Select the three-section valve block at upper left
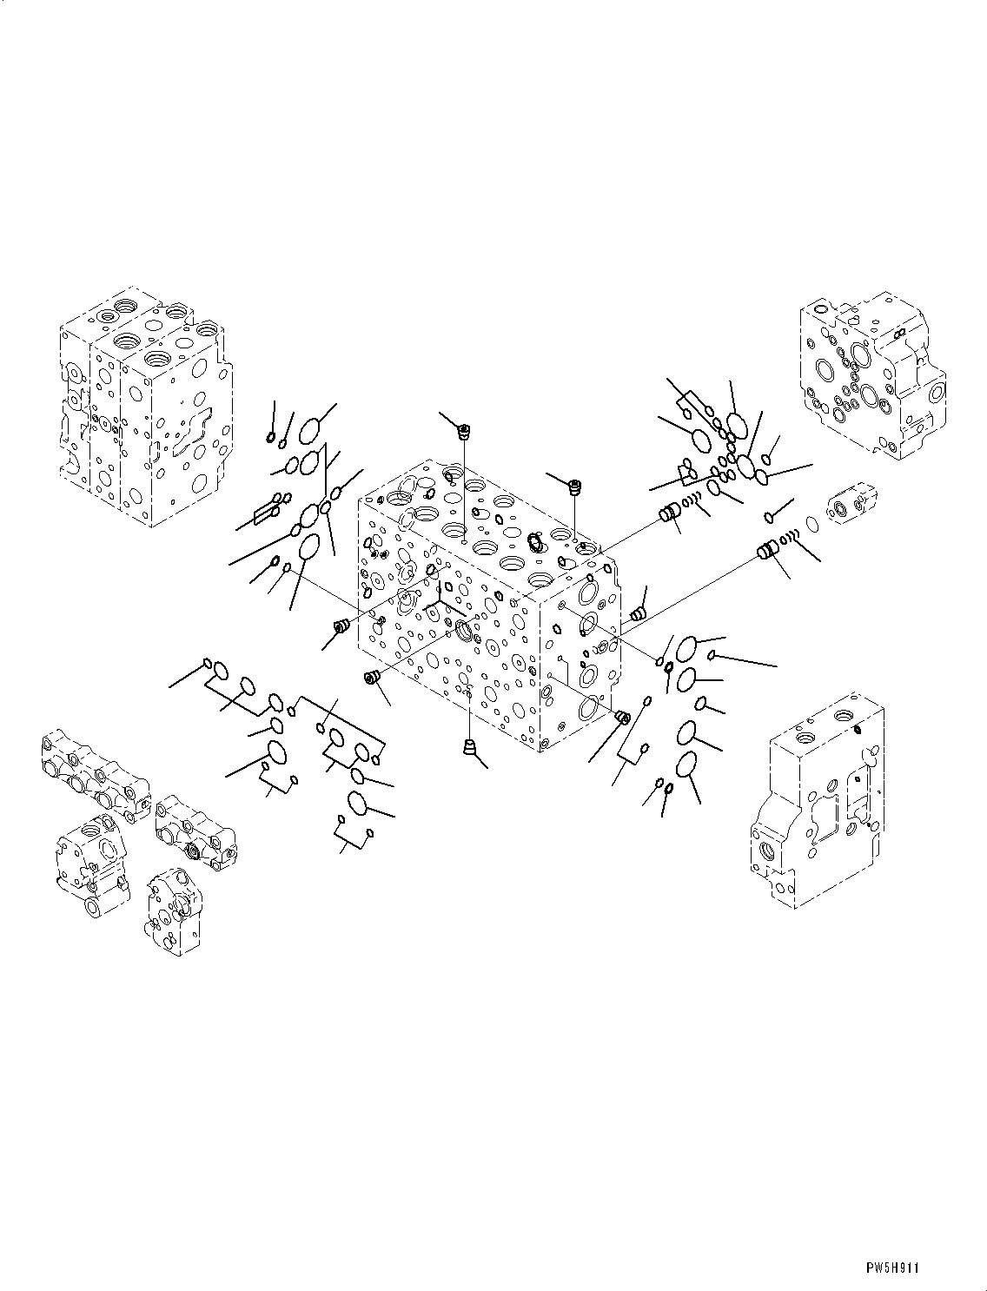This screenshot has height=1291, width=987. [x=146, y=407]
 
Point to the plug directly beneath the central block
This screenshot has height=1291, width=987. [x=469, y=747]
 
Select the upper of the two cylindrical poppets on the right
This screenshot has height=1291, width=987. [x=667, y=512]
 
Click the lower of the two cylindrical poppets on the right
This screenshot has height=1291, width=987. [x=766, y=551]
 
